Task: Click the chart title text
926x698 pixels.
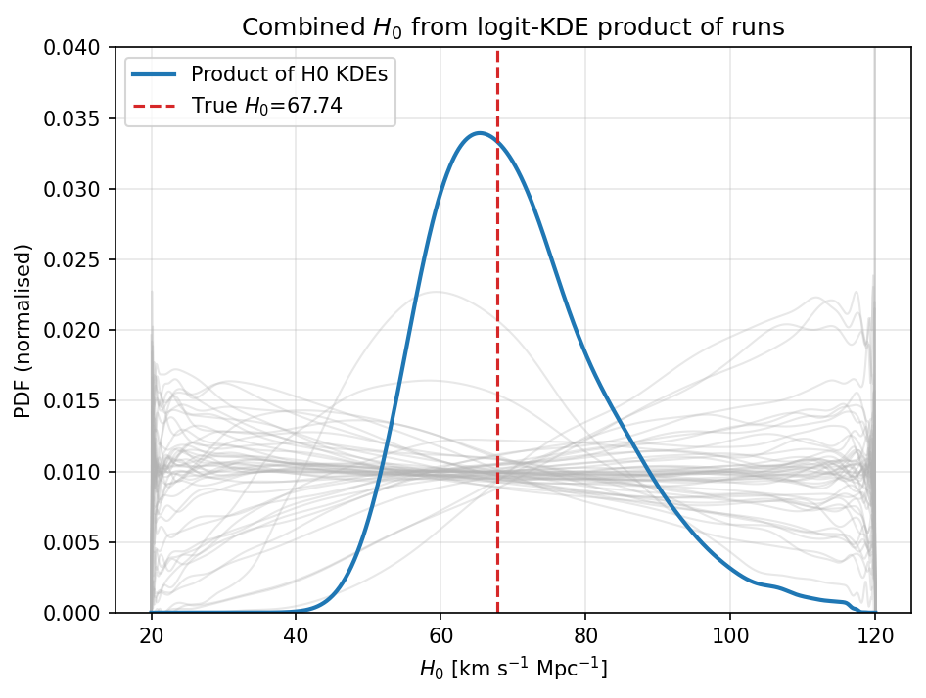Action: click(x=513, y=27)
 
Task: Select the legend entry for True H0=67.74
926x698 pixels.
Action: click(x=266, y=106)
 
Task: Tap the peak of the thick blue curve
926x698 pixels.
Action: click(x=479, y=133)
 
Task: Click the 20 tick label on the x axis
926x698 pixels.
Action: click(x=151, y=635)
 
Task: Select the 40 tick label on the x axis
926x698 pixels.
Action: click(x=296, y=635)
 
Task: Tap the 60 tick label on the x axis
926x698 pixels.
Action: click(x=440, y=635)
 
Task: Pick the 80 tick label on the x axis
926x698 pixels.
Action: click(x=585, y=635)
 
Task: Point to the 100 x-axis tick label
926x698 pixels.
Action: click(x=730, y=635)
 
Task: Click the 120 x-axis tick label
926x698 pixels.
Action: click(x=875, y=635)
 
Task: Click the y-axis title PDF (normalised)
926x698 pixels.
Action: click(x=23, y=330)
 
